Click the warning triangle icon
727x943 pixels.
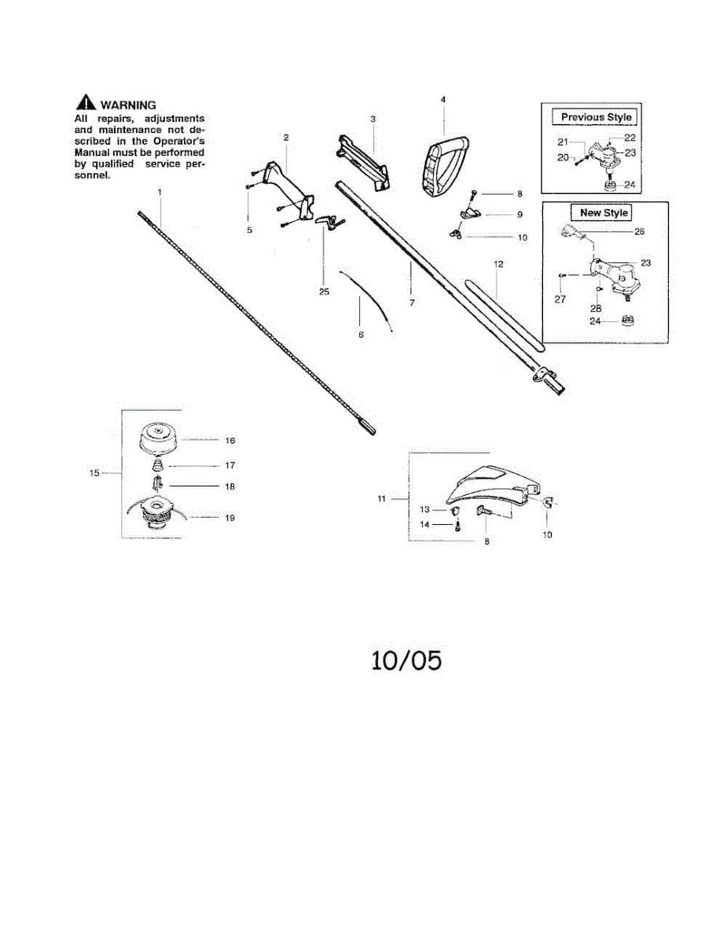pos(86,102)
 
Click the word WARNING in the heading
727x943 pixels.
pos(128,105)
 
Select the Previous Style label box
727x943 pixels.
pos(596,117)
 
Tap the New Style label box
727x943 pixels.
pos(604,213)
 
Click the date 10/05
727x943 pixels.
pos(406,660)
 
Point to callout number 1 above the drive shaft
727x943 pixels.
pos(160,192)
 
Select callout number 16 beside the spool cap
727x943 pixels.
pos(230,441)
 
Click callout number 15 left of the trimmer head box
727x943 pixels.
pos(94,473)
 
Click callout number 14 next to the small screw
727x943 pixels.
pos(424,525)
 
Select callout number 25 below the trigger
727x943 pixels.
pos(325,292)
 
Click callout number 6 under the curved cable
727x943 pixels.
pos(361,335)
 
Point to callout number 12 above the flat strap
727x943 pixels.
pos(499,264)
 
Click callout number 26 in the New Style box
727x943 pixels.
pos(639,231)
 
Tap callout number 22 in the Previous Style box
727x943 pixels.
pos(630,138)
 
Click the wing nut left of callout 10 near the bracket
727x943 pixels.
pos(456,234)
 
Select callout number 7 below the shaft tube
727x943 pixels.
pos(412,303)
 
